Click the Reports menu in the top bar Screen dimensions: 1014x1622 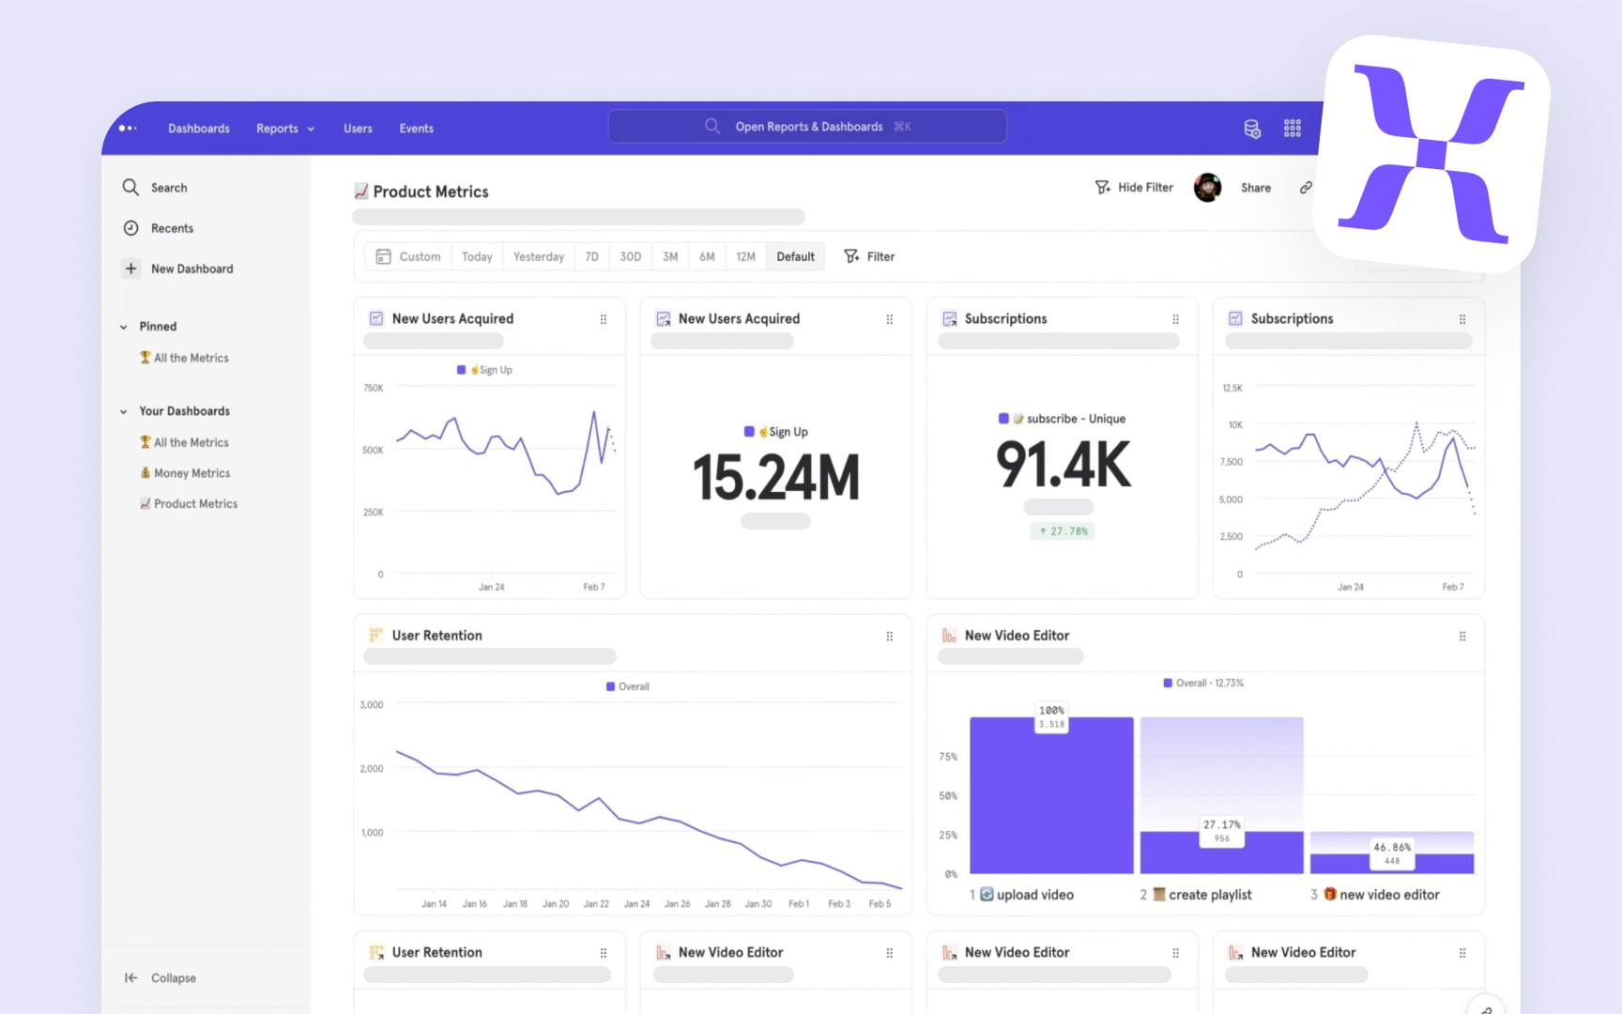tap(284, 129)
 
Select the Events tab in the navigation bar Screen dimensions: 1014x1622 tap(416, 129)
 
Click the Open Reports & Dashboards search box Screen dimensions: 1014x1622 tap(807, 127)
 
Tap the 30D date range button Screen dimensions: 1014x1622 tap(630, 256)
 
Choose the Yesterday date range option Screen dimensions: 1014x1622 tap(538, 256)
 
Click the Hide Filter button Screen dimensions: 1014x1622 tap(1134, 188)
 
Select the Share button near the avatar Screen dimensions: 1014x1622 tap(1255, 188)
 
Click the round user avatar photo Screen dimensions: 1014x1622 tap(1207, 188)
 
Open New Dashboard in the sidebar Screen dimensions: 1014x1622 tap(191, 269)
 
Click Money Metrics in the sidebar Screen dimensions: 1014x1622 tap(191, 473)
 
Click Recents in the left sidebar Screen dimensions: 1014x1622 tap(172, 228)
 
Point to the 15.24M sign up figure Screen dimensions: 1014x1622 tap(775, 477)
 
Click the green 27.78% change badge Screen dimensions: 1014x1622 tap(1063, 531)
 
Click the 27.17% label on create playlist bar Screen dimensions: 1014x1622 tap(1221, 825)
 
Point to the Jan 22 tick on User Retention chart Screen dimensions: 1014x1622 tap(596, 904)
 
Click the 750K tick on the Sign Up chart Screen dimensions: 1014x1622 tap(373, 388)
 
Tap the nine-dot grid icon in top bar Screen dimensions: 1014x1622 tap(1293, 129)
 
